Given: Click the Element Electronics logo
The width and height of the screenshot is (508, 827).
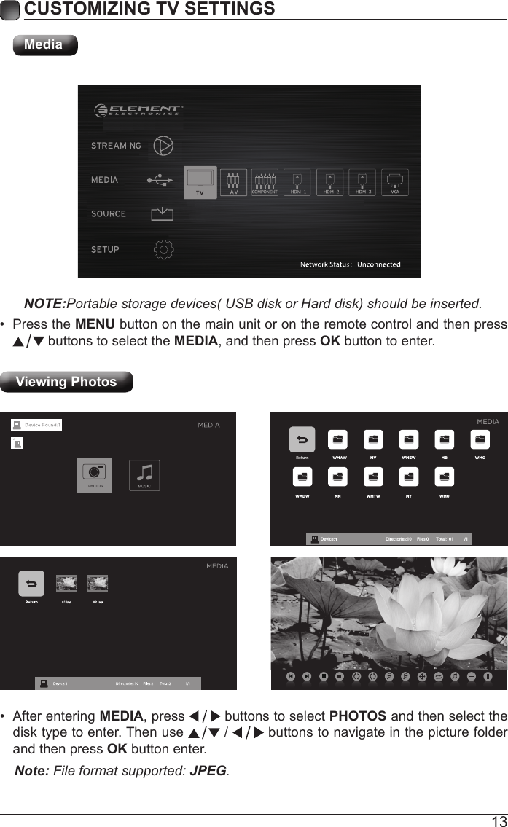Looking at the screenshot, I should [x=138, y=111].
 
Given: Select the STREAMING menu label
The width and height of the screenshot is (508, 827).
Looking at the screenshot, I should [x=116, y=146].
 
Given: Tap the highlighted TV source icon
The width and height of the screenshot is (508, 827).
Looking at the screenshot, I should [x=200, y=181].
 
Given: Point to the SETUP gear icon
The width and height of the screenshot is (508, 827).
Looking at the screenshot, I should [x=165, y=248].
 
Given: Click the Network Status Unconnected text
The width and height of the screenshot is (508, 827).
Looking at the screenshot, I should [x=351, y=264].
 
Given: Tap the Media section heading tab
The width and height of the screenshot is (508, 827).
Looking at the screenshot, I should [x=44, y=44].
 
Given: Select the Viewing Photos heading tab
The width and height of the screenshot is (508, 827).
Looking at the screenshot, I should [x=66, y=382].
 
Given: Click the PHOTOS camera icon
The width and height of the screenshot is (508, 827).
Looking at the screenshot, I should [x=94, y=474].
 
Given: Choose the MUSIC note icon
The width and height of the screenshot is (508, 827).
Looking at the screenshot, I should [x=144, y=474].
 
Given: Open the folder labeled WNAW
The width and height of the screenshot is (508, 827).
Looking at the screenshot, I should [x=337, y=440].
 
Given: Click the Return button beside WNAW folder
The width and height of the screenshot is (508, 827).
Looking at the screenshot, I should [x=302, y=440].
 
